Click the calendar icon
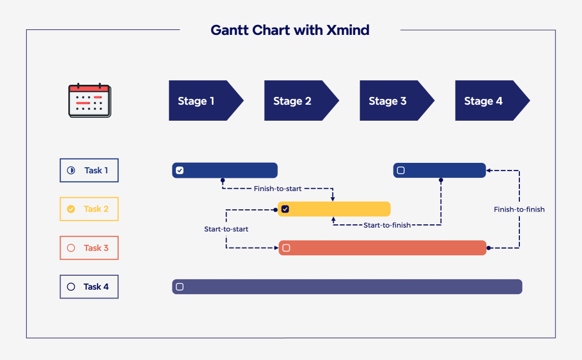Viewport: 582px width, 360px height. click(x=89, y=100)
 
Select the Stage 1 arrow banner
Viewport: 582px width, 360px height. click(x=203, y=101)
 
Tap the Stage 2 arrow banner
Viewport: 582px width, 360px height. click(x=298, y=101)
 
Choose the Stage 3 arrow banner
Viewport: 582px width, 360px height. click(x=394, y=101)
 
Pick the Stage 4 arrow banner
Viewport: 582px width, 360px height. click(x=489, y=101)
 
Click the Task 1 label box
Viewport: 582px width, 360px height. click(x=89, y=171)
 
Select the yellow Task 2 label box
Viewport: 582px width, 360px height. click(x=89, y=209)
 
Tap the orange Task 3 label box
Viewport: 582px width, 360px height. click(x=89, y=248)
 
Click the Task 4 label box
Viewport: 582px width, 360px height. click(x=89, y=287)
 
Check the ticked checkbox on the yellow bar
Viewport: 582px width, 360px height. click(x=285, y=209)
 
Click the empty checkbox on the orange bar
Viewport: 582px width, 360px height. click(x=286, y=248)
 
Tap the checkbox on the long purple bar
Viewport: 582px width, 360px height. click(x=180, y=286)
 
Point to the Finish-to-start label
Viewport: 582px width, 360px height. click(x=278, y=189)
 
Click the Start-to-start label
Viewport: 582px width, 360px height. click(x=226, y=229)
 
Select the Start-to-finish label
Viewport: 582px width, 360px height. click(x=387, y=225)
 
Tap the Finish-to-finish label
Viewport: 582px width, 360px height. click(x=519, y=209)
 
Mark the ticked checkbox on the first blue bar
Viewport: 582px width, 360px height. click(x=180, y=170)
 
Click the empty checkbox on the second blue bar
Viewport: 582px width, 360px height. click(x=401, y=170)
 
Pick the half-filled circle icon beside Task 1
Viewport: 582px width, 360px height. click(x=71, y=171)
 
